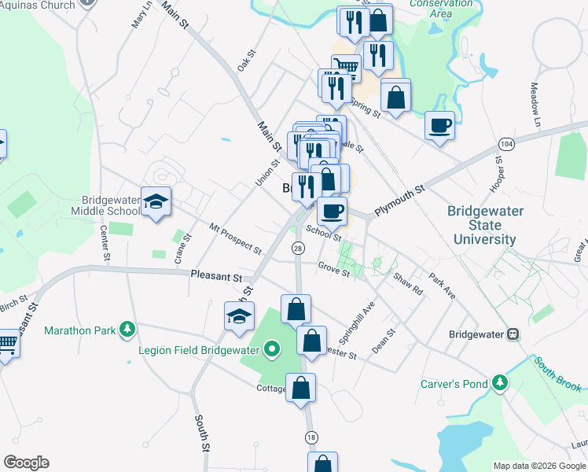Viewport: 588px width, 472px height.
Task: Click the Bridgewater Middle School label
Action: coord(104,205)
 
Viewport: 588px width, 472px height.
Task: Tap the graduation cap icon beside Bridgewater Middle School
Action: coord(156,201)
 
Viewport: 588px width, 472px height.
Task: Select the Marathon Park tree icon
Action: coord(125,330)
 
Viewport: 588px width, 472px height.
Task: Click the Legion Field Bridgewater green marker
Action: coord(272,348)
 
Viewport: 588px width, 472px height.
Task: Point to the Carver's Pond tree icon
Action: coord(498,383)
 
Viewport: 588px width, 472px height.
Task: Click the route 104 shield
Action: coord(505,146)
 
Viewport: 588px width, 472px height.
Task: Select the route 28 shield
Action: coord(297,249)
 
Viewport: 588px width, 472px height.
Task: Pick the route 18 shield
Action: coord(311,437)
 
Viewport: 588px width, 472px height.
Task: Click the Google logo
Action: coord(26,463)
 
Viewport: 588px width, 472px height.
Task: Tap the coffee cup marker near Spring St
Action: coord(439,125)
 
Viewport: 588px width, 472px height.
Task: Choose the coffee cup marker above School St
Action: coord(332,211)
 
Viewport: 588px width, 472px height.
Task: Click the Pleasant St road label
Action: coord(215,277)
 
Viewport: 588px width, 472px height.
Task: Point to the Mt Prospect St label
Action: coord(235,238)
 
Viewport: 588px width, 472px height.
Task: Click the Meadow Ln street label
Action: coord(536,105)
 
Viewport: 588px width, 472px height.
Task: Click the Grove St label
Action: coord(334,267)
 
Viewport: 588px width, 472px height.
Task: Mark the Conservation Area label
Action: coord(430,9)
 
